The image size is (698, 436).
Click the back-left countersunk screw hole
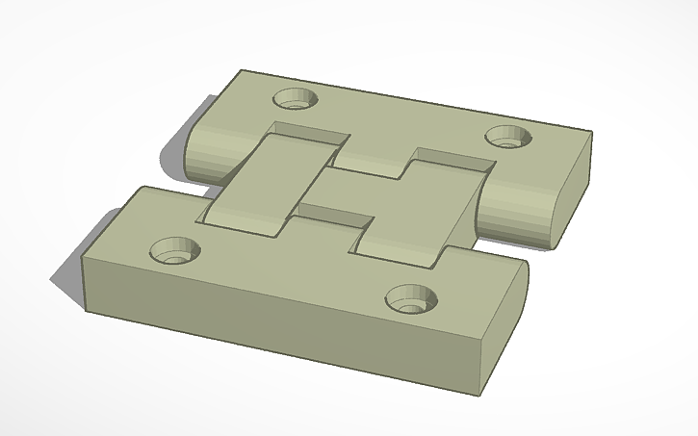(296, 98)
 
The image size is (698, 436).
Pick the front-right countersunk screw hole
(411, 297)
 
